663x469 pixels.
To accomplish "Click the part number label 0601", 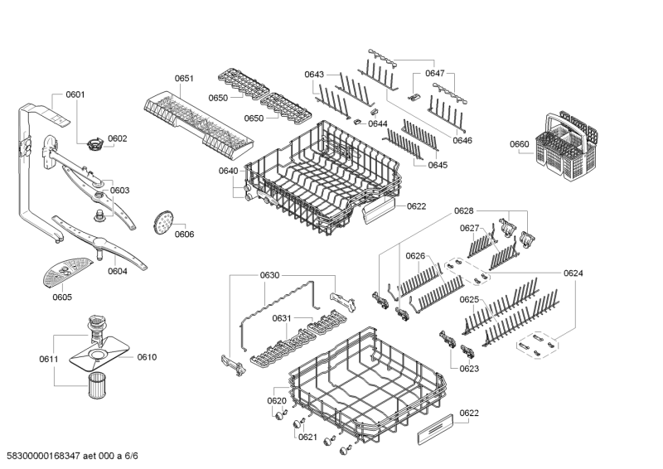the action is click(x=75, y=94).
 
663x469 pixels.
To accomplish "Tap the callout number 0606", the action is click(x=184, y=234).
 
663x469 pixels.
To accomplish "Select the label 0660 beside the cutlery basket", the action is click(x=520, y=144).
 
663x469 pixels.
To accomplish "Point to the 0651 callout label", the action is click(x=184, y=78).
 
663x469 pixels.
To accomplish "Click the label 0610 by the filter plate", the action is click(x=147, y=357).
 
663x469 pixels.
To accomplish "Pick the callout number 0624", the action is click(x=573, y=273).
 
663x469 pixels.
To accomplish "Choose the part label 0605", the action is click(x=62, y=297).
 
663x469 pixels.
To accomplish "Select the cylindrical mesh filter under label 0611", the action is click(x=98, y=385).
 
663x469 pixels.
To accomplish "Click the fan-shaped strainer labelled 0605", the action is click(x=67, y=272).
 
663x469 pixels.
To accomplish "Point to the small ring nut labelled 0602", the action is click(x=95, y=143).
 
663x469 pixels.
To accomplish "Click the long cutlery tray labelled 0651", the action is click(x=200, y=125).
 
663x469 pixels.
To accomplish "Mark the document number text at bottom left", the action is click(x=72, y=456).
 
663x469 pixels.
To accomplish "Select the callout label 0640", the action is click(x=229, y=171).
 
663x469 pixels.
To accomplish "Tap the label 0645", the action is click(x=438, y=165).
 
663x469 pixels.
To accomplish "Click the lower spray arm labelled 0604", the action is click(x=100, y=243).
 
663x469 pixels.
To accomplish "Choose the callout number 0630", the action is click(x=270, y=276).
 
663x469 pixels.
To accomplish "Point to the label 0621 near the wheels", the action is click(x=307, y=438).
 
